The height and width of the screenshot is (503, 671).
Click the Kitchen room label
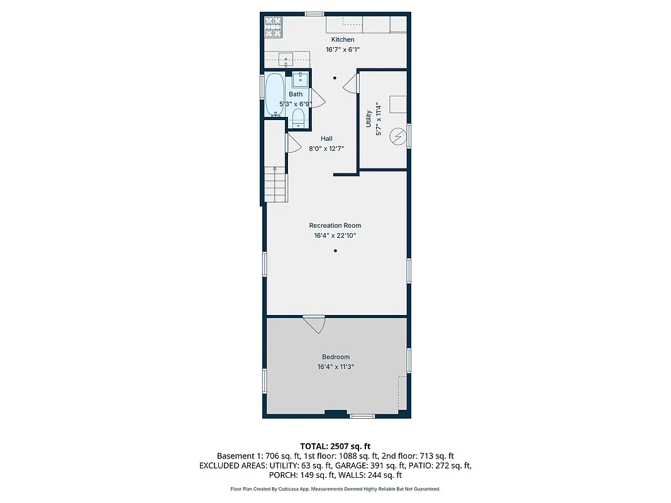tap(343, 40)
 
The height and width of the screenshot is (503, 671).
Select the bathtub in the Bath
tap(274, 95)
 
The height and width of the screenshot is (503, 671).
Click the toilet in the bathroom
tap(298, 118)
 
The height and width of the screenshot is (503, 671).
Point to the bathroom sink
tap(300, 79)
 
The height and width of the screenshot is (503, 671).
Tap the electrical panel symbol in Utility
tap(397, 135)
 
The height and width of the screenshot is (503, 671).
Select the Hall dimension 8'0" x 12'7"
tap(326, 149)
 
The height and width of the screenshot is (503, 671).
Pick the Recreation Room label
tap(335, 225)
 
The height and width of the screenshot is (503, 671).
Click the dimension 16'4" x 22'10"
tap(335, 236)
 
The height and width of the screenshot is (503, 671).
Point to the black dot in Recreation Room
tap(335, 251)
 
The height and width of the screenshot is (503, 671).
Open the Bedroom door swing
tap(314, 324)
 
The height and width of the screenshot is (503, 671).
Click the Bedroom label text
tap(335, 357)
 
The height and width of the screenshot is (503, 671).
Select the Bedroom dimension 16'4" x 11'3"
tap(335, 367)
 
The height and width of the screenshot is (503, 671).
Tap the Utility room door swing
tap(351, 83)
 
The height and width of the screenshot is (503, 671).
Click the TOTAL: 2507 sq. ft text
tap(335, 446)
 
